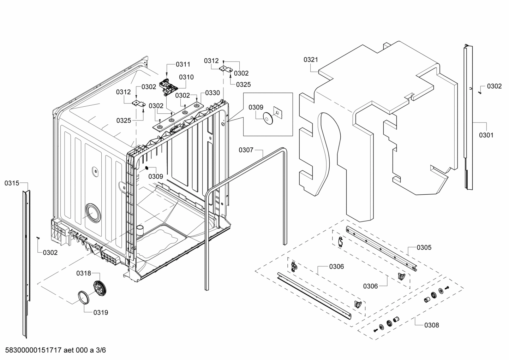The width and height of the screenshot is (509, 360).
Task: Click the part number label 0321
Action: (311, 60)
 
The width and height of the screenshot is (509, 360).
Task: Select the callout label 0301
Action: (486, 135)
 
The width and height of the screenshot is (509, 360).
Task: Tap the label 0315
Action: (12, 183)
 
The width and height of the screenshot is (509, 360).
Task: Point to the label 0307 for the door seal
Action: (246, 150)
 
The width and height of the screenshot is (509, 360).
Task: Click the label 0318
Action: (84, 273)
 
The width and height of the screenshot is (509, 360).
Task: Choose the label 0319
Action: (101, 312)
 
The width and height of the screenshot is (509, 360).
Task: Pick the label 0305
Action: (424, 247)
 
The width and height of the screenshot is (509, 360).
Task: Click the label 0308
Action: (431, 325)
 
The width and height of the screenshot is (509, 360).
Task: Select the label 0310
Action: (186, 77)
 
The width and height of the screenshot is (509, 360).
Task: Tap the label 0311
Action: (183, 64)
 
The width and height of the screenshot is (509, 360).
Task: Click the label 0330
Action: (212, 93)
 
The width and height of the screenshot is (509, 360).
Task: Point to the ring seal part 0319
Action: (84, 297)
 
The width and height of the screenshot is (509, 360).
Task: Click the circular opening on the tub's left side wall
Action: (92, 213)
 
